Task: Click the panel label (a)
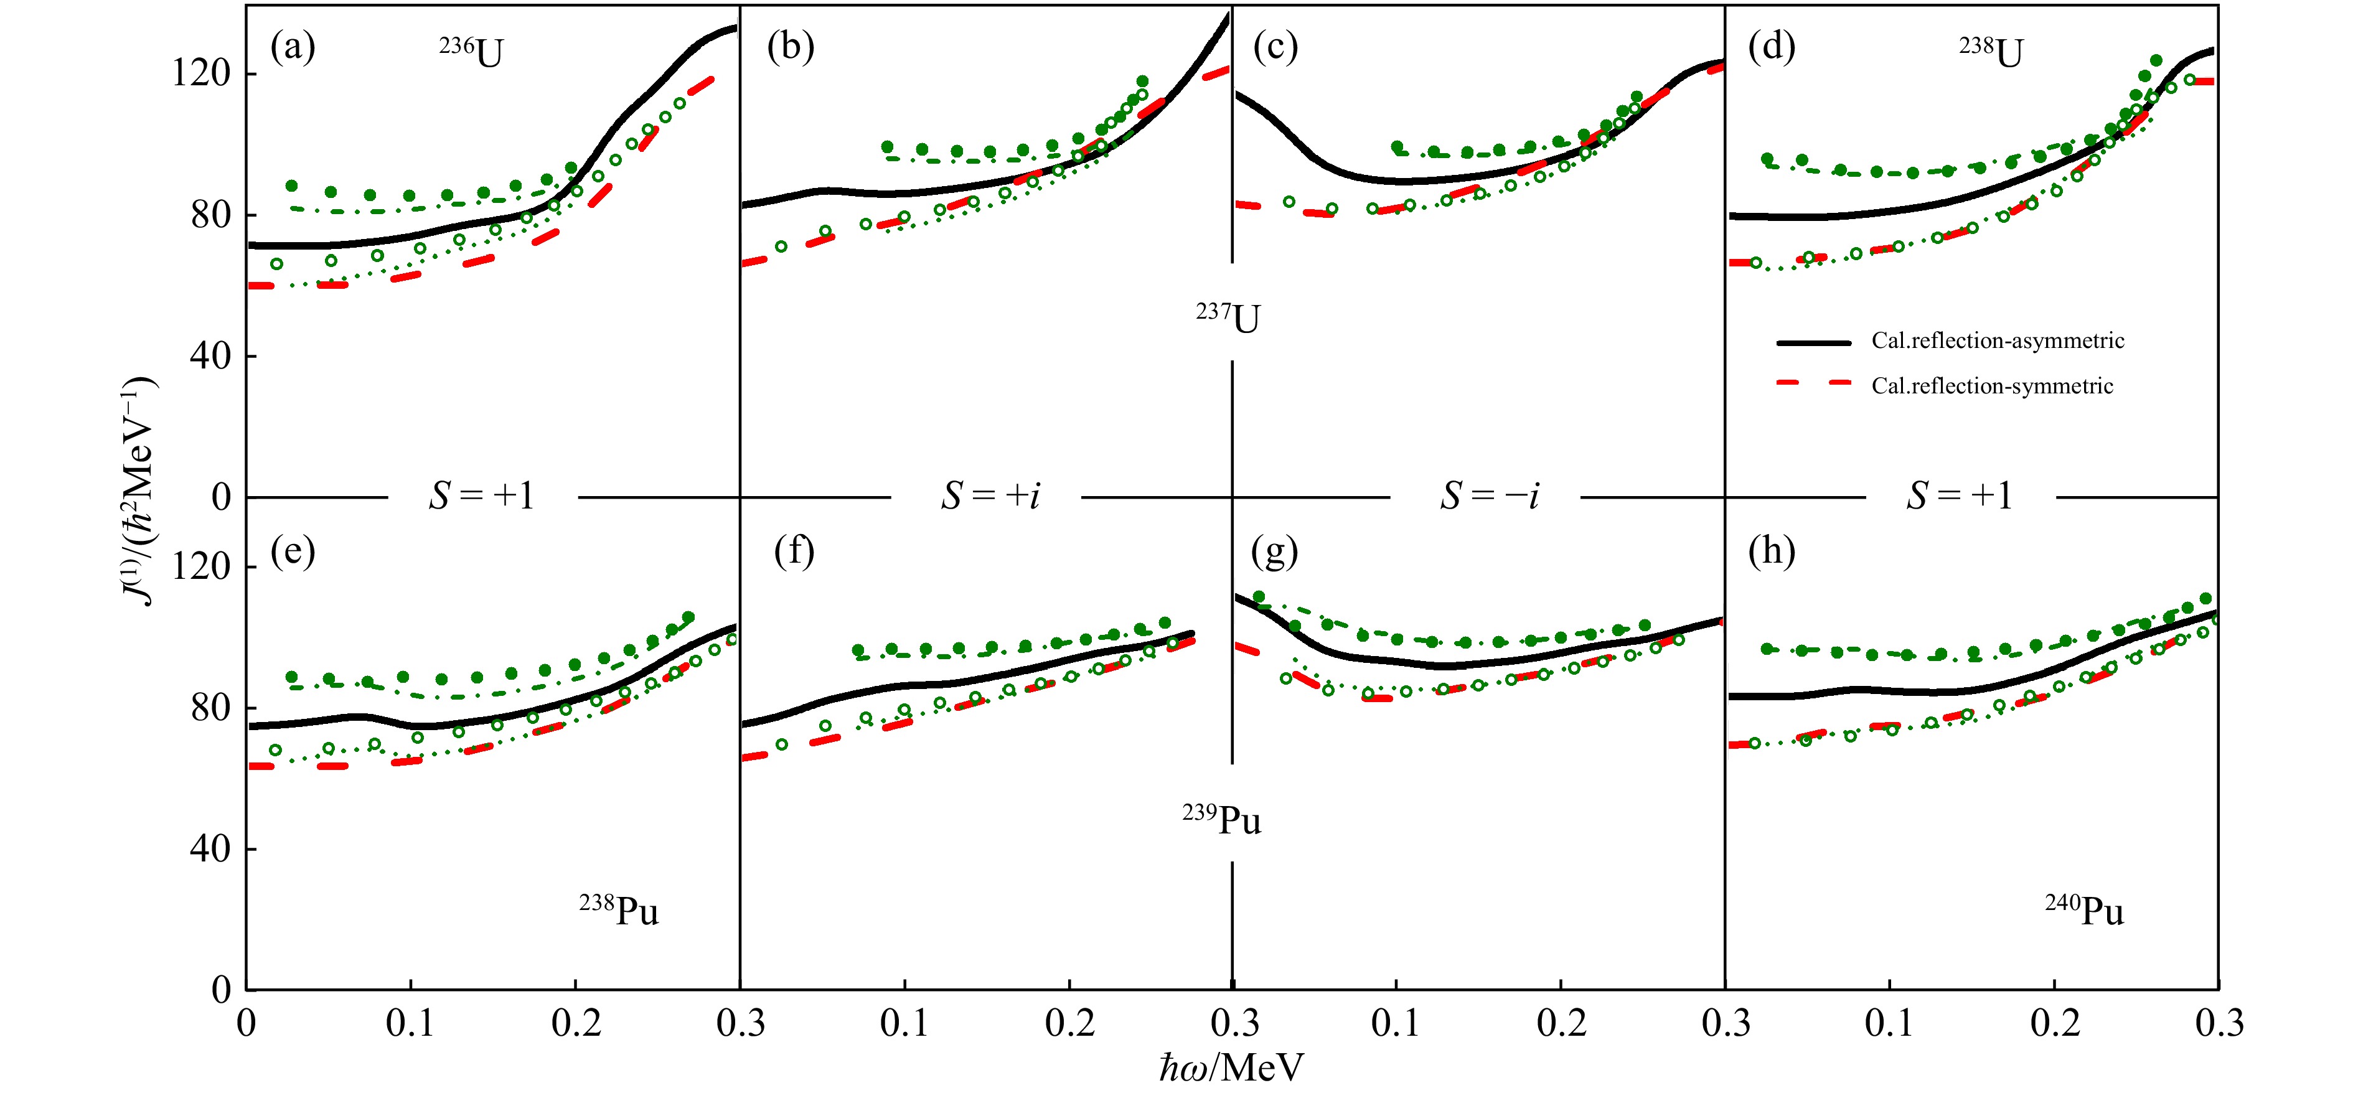(293, 47)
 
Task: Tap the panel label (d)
(1771, 47)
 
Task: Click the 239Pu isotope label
(1221, 819)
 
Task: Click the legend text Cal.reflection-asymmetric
(1998, 340)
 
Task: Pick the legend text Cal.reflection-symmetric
(1992, 387)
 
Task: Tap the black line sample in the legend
(1813, 342)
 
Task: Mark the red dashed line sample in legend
(1813, 383)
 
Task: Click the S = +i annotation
(990, 496)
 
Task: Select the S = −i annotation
(1489, 496)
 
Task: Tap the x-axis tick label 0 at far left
(246, 1023)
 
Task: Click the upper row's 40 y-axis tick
(210, 355)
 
